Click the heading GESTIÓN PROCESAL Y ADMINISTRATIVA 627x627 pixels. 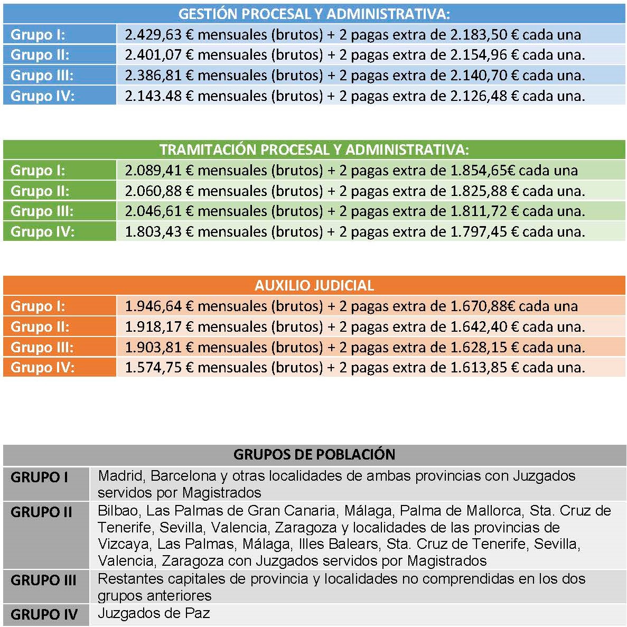(x=314, y=14)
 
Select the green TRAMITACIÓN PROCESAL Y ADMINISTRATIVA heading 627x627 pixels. (x=314, y=149)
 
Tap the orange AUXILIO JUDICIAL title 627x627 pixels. (x=314, y=286)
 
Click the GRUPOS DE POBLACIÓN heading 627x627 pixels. (x=314, y=454)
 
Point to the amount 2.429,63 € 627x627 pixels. (x=159, y=35)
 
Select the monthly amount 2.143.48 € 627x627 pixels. (x=159, y=96)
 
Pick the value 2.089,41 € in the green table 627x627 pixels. (x=159, y=171)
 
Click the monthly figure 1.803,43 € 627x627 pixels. (x=159, y=232)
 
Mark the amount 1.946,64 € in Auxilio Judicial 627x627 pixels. (x=159, y=306)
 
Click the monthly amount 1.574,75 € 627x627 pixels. (x=159, y=368)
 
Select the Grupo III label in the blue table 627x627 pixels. (x=42, y=76)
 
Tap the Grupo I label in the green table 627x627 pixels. (x=38, y=171)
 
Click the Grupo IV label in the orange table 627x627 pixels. (x=42, y=368)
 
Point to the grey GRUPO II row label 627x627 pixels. (x=41, y=512)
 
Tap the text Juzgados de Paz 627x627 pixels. (x=154, y=613)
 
